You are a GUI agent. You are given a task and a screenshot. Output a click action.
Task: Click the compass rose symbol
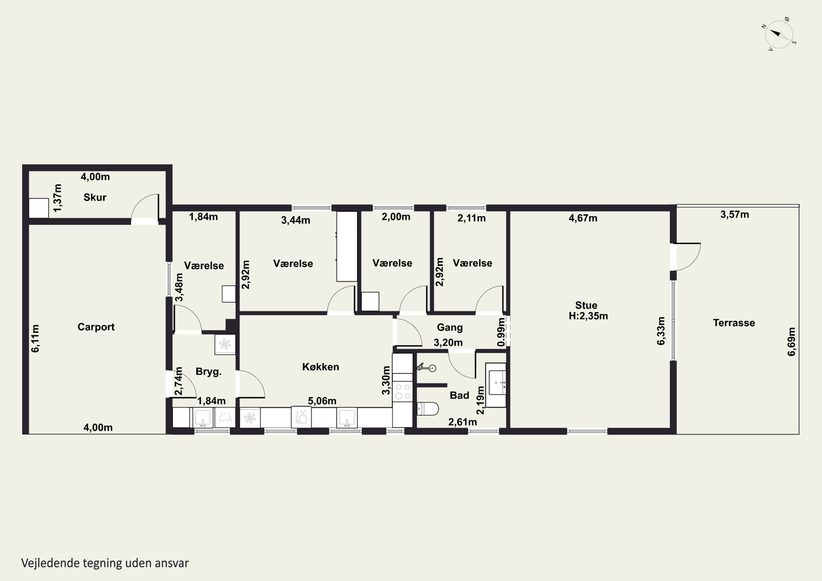[779, 34]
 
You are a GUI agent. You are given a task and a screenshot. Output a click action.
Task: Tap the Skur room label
[95, 197]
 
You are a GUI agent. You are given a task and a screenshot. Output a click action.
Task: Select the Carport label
[96, 327]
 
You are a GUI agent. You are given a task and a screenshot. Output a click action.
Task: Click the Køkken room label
[320, 367]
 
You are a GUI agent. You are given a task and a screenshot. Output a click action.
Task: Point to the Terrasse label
[734, 323]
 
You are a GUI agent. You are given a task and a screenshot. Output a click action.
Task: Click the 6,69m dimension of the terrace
[791, 342]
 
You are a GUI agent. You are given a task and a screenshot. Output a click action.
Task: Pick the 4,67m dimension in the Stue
[583, 218]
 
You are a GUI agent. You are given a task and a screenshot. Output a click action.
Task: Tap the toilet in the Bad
[428, 408]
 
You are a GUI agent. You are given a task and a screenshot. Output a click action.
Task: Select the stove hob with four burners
[403, 391]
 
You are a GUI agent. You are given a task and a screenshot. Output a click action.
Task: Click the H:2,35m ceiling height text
[588, 316]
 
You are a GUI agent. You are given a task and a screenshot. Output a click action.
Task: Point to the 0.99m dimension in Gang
[501, 332]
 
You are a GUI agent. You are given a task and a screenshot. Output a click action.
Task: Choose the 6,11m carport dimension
[35, 339]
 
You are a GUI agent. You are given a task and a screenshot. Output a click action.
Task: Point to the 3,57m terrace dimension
[735, 214]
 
